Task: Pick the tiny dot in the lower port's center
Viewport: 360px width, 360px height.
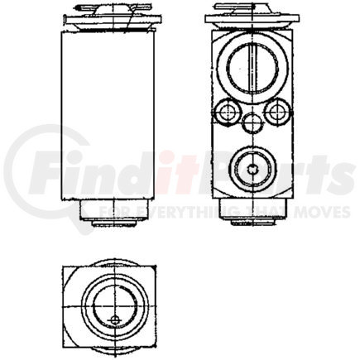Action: point(252,169)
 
